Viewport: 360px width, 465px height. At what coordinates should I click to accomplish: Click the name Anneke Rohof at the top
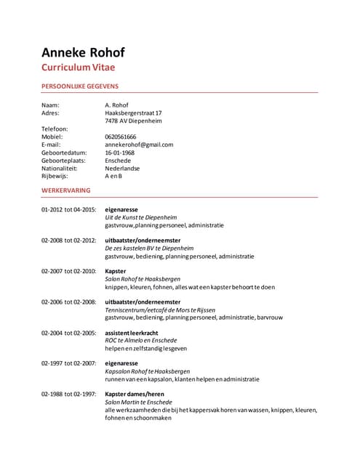click(83, 52)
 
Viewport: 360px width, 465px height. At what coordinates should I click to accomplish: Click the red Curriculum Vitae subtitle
click(78, 68)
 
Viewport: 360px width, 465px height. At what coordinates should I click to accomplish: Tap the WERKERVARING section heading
click(66, 190)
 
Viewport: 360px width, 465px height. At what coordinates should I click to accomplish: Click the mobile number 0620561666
click(121, 137)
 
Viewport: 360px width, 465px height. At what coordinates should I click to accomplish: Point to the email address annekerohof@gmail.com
click(139, 145)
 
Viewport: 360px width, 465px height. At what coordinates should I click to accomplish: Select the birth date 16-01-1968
click(120, 153)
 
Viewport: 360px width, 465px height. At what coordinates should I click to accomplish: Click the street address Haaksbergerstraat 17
click(133, 113)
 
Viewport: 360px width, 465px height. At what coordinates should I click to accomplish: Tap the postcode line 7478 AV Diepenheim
click(133, 121)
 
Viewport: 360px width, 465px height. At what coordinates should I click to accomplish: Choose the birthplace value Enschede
click(118, 161)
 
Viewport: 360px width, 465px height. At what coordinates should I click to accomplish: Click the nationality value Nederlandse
click(122, 168)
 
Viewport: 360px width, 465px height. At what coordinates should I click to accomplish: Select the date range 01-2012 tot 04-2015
click(68, 209)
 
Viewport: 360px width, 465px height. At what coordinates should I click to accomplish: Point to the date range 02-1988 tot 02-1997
click(68, 395)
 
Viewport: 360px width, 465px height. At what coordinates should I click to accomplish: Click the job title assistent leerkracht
click(132, 333)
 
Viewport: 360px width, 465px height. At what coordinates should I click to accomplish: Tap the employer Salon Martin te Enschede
click(139, 402)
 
